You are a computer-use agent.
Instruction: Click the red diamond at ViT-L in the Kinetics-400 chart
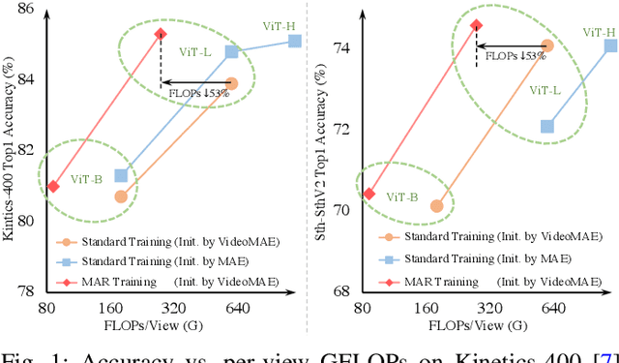pos(161,33)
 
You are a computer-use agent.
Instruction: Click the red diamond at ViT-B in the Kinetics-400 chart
pos(53,186)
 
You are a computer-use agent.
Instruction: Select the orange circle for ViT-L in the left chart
pos(231,84)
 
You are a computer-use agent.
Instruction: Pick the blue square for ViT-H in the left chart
pos(295,41)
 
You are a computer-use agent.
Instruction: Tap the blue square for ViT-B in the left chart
pos(121,176)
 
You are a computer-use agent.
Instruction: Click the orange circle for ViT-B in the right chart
pos(436,206)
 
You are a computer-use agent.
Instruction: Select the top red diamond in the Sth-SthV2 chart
pos(476,25)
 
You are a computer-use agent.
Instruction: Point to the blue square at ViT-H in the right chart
pos(610,45)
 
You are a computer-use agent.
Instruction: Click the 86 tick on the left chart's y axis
pos(28,9)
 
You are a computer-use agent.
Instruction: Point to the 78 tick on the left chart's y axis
pos(28,291)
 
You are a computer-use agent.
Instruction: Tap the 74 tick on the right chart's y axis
pos(343,47)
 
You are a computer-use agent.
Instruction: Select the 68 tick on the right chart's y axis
pos(343,291)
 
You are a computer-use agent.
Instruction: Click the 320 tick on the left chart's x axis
pos(174,308)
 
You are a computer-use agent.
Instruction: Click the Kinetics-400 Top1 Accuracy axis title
pos(9,145)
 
